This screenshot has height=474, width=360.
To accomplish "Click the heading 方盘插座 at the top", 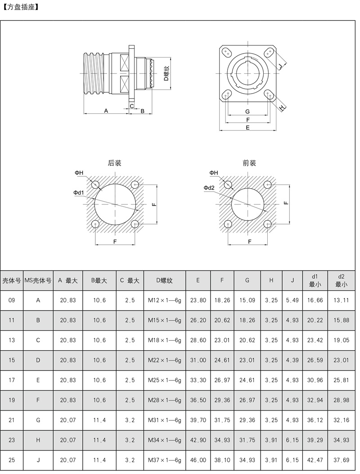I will pyautogui.click(x=21, y=7).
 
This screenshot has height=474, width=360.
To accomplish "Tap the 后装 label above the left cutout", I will pyautogui.click(x=115, y=163).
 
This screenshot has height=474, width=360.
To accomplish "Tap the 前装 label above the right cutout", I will pyautogui.click(x=249, y=163).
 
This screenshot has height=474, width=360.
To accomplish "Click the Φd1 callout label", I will pyautogui.click(x=79, y=193).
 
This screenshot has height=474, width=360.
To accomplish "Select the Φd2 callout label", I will pyautogui.click(x=209, y=187).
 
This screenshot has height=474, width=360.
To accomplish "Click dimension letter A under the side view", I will pyautogui.click(x=106, y=110).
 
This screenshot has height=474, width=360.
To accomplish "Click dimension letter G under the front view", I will pyautogui.click(x=247, y=111).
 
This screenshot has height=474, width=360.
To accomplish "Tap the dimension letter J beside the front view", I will pyautogui.click(x=280, y=67).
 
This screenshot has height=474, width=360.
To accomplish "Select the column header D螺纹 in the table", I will pyautogui.click(x=164, y=280).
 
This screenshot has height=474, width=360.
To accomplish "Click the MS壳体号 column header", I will pyautogui.click(x=38, y=280).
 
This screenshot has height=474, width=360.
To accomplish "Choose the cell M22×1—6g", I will pyautogui.click(x=164, y=360).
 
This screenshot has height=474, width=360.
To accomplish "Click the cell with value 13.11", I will pyautogui.click(x=341, y=300).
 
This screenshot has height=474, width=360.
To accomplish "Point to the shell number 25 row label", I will pyautogui.click(x=12, y=460).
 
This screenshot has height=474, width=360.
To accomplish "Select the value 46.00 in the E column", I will pyautogui.click(x=198, y=460).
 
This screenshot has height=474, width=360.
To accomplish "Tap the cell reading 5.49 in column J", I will pyautogui.click(x=292, y=300).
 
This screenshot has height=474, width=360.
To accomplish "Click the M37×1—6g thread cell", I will pyautogui.click(x=164, y=460).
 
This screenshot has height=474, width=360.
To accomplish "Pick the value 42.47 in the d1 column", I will pyautogui.click(x=315, y=460).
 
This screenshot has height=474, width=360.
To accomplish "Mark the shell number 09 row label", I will pyautogui.click(x=12, y=300).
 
